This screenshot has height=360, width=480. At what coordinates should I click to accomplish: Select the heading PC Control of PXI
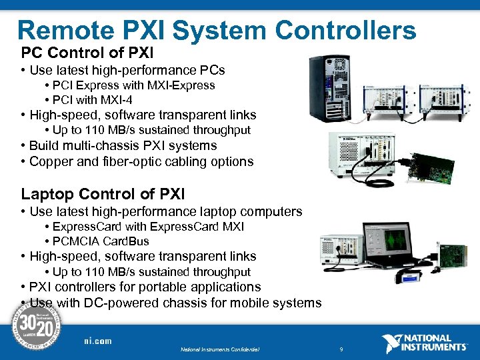(87, 52)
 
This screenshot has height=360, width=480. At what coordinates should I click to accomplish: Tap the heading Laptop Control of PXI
(103, 194)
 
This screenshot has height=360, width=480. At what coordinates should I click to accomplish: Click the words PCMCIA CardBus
(101, 241)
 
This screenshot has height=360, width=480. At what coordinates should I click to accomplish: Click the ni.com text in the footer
(98, 341)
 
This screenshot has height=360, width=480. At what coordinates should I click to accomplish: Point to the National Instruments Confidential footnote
(219, 349)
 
